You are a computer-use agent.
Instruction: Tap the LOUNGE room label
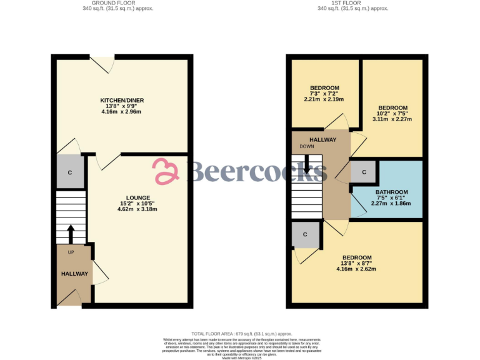coord(137,197)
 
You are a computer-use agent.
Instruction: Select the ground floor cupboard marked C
coord(70,172)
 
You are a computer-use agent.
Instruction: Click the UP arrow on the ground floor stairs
coord(70,234)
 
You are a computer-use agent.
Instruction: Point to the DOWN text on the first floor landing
coord(307,146)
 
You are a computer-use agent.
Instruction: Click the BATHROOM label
coord(392,192)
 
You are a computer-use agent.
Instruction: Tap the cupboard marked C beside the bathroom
coord(362,171)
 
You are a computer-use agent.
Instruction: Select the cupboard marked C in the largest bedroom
coord(306,234)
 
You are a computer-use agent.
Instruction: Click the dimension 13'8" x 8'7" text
coord(356,263)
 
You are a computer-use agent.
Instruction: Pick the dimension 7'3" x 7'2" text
coord(324,93)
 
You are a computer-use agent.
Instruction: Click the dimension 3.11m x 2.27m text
coord(392,119)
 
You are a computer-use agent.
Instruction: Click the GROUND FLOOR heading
coord(118,3)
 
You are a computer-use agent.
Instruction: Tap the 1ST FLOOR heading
coord(353,3)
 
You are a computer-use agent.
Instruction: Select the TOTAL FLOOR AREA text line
coord(241,334)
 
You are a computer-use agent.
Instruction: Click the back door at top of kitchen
coord(102,62)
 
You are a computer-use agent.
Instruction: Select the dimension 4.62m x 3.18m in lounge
coord(137,209)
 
